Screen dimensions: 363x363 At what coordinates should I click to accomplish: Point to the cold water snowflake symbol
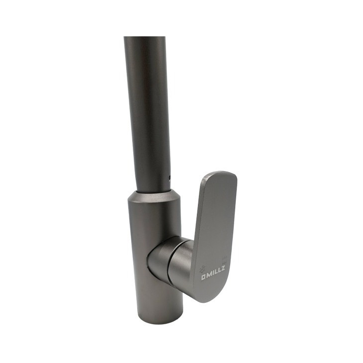tap(202, 269)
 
